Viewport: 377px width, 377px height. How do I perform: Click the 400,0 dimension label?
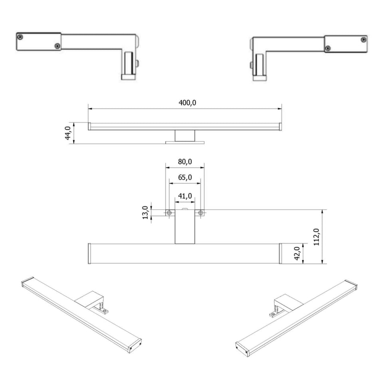[x=187, y=103]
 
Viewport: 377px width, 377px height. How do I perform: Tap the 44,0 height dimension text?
[x=68, y=133]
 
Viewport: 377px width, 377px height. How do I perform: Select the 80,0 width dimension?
[x=185, y=162]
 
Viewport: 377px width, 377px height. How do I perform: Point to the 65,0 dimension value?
[x=185, y=177]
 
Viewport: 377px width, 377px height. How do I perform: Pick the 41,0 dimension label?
[x=185, y=196]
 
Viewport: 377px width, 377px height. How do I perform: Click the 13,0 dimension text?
[x=145, y=212]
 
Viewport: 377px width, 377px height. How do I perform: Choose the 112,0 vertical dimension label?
[x=316, y=237]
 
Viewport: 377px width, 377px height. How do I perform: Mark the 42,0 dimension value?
[x=297, y=254]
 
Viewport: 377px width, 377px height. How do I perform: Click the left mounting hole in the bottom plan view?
[x=169, y=212]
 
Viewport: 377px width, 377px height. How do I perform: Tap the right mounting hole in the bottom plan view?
[x=200, y=212]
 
